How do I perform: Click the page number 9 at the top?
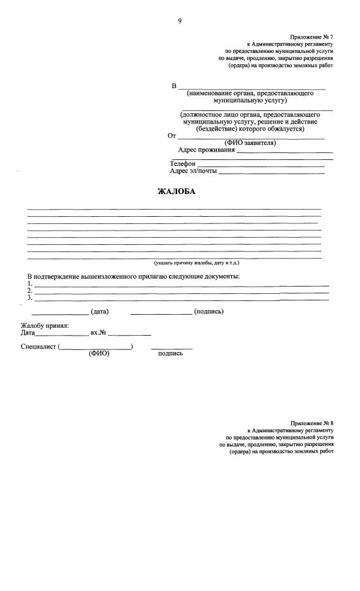(x=180, y=21)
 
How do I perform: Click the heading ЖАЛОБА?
(x=176, y=191)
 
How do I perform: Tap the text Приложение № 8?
(x=312, y=424)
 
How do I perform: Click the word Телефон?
(x=183, y=163)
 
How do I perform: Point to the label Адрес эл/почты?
(x=193, y=171)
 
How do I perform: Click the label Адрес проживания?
(x=206, y=150)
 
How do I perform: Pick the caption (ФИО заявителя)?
(x=250, y=142)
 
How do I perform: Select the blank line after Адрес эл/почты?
(x=271, y=173)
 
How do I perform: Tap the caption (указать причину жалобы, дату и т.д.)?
(x=197, y=263)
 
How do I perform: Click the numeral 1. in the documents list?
(x=30, y=284)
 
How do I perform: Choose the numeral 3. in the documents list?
(x=30, y=298)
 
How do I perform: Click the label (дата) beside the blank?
(x=100, y=311)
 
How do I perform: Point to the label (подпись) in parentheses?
(x=209, y=311)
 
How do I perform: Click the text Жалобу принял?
(x=44, y=325)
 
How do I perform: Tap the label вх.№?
(x=98, y=333)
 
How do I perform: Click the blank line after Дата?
(x=61, y=334)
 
